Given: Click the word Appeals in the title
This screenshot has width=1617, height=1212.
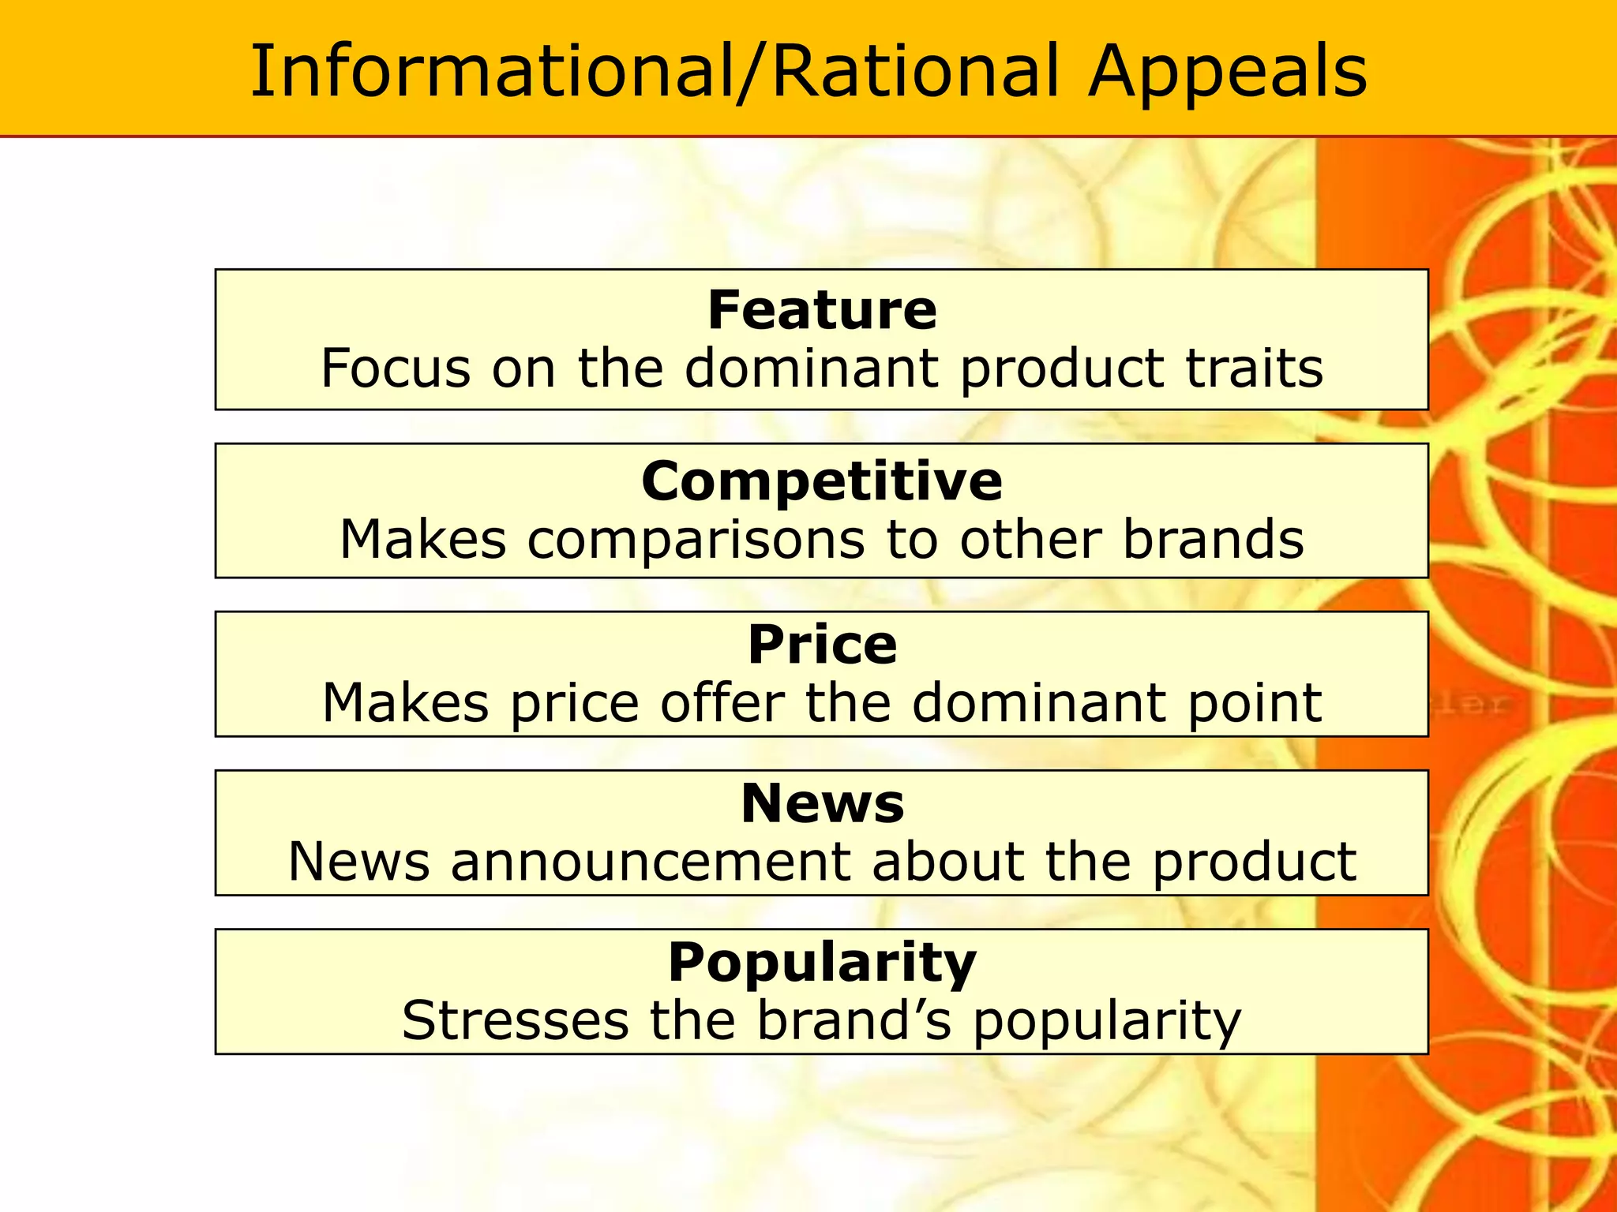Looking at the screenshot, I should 1227,73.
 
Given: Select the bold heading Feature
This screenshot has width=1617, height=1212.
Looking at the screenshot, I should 822,310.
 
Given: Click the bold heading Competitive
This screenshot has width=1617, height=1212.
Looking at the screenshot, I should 822,481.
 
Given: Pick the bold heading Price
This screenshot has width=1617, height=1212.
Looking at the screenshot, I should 822,645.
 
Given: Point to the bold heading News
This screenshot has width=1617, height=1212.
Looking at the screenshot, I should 822,803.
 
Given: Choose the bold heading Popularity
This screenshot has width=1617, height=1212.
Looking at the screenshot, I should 822,963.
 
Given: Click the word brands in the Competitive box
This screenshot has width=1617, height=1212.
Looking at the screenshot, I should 1213,540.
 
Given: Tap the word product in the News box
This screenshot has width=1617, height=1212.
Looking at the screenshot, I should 1254,862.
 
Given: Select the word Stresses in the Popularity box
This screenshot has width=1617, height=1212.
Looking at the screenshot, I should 515,1020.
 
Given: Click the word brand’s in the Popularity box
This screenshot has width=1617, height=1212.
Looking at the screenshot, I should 854,1020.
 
